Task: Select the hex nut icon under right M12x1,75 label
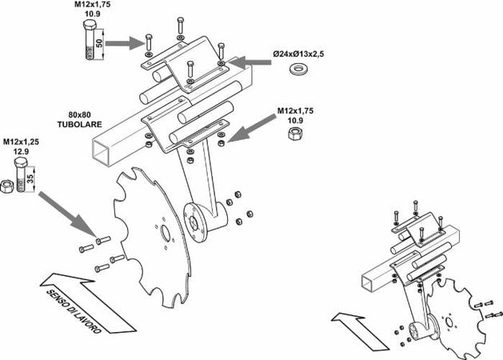pyautogui.click(x=294, y=131)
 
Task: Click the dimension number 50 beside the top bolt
pyautogui.click(x=98, y=40)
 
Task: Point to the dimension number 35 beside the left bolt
pyautogui.click(x=30, y=178)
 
